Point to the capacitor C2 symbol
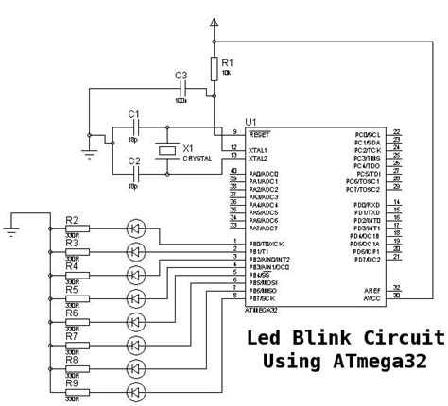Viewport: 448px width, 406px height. tap(136, 173)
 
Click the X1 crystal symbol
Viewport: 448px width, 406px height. tap(167, 150)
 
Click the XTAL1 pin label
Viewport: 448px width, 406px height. tap(258, 150)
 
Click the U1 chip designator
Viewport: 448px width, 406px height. tap(250, 122)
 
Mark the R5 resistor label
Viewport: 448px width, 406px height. tap(71, 290)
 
